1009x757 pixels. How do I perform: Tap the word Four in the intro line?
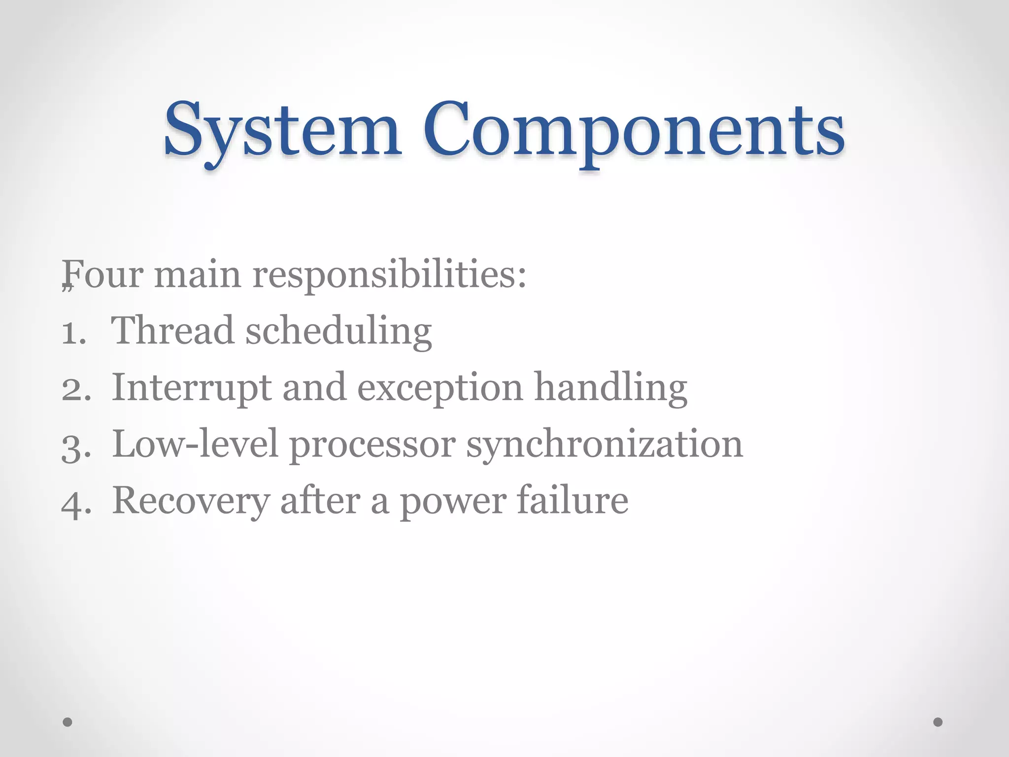(104, 274)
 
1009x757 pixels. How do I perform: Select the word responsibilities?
(389, 275)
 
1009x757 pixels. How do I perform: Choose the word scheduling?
(338, 331)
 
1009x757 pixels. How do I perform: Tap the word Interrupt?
(191, 388)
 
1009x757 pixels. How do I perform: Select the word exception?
(439, 388)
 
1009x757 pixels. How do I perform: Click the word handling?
(610, 388)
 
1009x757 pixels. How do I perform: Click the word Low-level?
(195, 444)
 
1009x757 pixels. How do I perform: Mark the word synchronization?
(605, 445)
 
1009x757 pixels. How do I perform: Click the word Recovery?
(191, 502)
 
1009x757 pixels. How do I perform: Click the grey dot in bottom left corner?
(67, 722)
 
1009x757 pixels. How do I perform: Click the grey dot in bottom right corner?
(938, 722)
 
